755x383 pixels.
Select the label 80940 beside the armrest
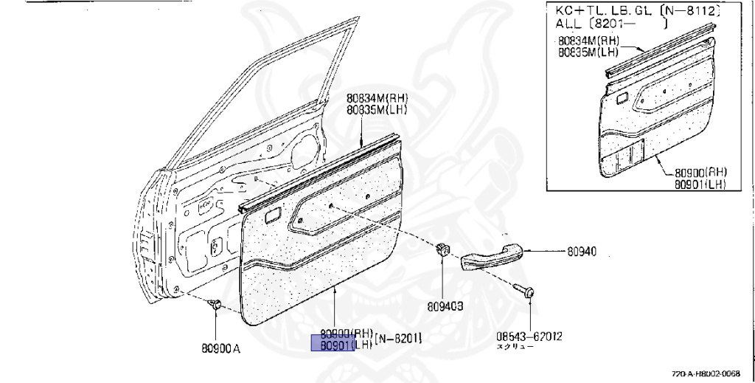[x=582, y=251]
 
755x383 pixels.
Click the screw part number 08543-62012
[x=529, y=337]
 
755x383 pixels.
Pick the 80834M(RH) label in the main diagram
[x=377, y=98]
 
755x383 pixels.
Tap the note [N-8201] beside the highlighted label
[x=398, y=339]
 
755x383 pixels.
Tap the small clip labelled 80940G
[x=442, y=249]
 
